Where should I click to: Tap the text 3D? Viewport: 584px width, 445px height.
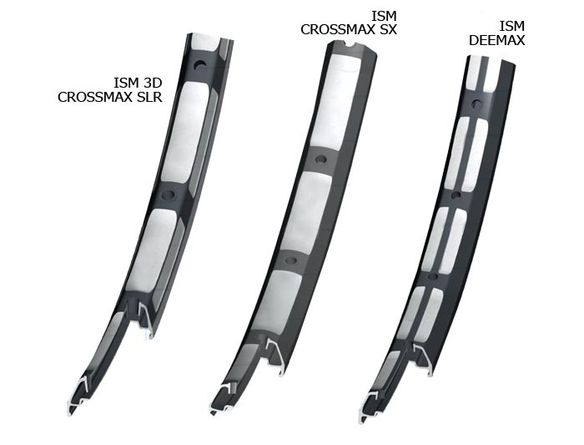pyautogui.click(x=153, y=83)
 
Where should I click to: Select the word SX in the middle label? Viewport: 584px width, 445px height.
pyautogui.click(x=388, y=29)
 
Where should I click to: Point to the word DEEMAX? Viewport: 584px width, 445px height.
pyautogui.click(x=497, y=40)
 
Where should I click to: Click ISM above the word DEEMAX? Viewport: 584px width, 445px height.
pyautogui.click(x=512, y=26)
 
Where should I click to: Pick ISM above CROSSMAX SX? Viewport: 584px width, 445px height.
pyautogui.click(x=384, y=16)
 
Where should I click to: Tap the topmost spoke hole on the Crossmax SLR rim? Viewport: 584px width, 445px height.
pyautogui.click(x=200, y=64)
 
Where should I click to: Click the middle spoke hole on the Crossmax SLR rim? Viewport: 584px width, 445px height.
pyautogui.click(x=169, y=195)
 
